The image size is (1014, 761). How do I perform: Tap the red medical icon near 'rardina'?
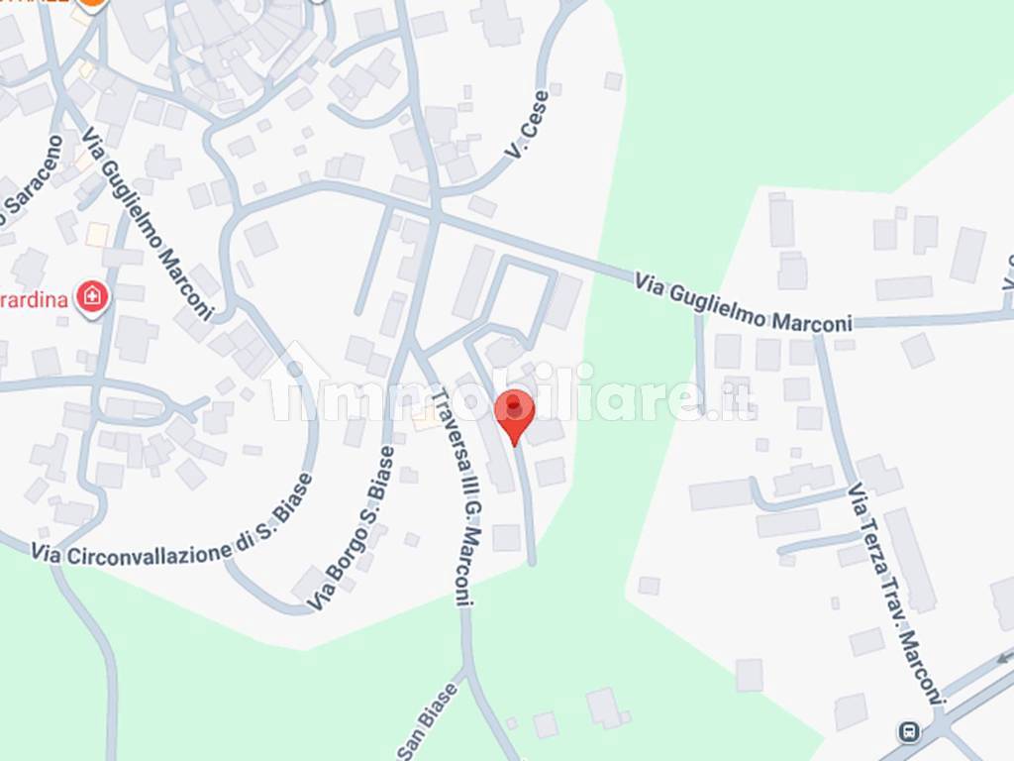92,296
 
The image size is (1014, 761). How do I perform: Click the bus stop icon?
907,732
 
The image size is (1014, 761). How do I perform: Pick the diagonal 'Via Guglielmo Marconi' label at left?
148,222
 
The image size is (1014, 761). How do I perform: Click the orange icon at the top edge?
92,3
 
